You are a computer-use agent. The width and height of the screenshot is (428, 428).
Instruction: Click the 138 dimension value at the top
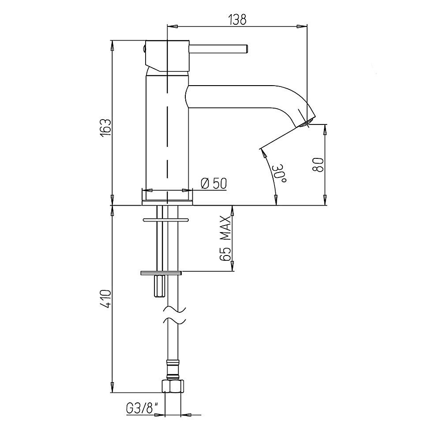237,19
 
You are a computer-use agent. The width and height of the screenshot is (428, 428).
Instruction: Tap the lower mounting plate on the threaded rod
161,273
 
